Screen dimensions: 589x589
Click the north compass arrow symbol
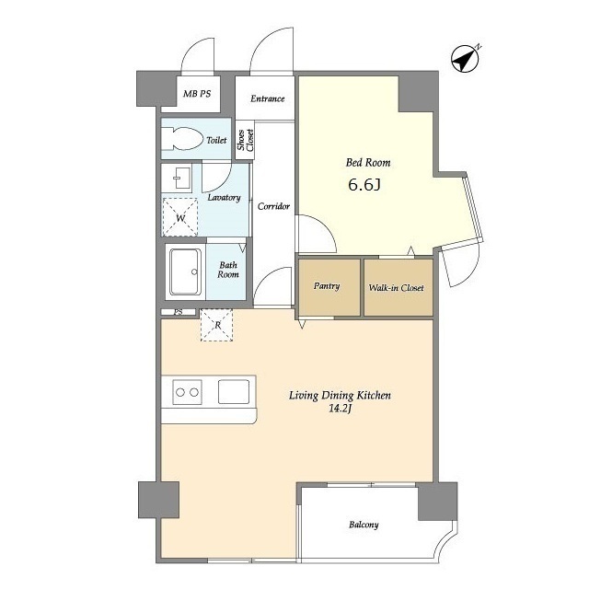tap(465, 59)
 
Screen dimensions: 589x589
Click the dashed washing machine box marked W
tap(180, 217)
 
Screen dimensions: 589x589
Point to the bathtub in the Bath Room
tap(185, 272)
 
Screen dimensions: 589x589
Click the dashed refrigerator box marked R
tap(217, 325)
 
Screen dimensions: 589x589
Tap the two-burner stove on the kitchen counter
tap(187, 392)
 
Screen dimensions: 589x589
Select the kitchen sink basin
tap(234, 392)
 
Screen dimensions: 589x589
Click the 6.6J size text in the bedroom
tap(364, 185)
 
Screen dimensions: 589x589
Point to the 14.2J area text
tap(340, 409)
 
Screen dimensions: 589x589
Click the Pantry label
tap(327, 286)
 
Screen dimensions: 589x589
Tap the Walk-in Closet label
tap(396, 288)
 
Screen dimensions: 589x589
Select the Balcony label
tap(364, 525)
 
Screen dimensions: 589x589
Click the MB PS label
tap(197, 94)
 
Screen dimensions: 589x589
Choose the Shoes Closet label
tap(245, 140)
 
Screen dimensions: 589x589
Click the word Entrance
tap(268, 98)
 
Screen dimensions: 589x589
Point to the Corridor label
tap(273, 206)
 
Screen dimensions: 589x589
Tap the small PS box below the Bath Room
tap(179, 312)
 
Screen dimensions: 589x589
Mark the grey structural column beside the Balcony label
tap(438, 502)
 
